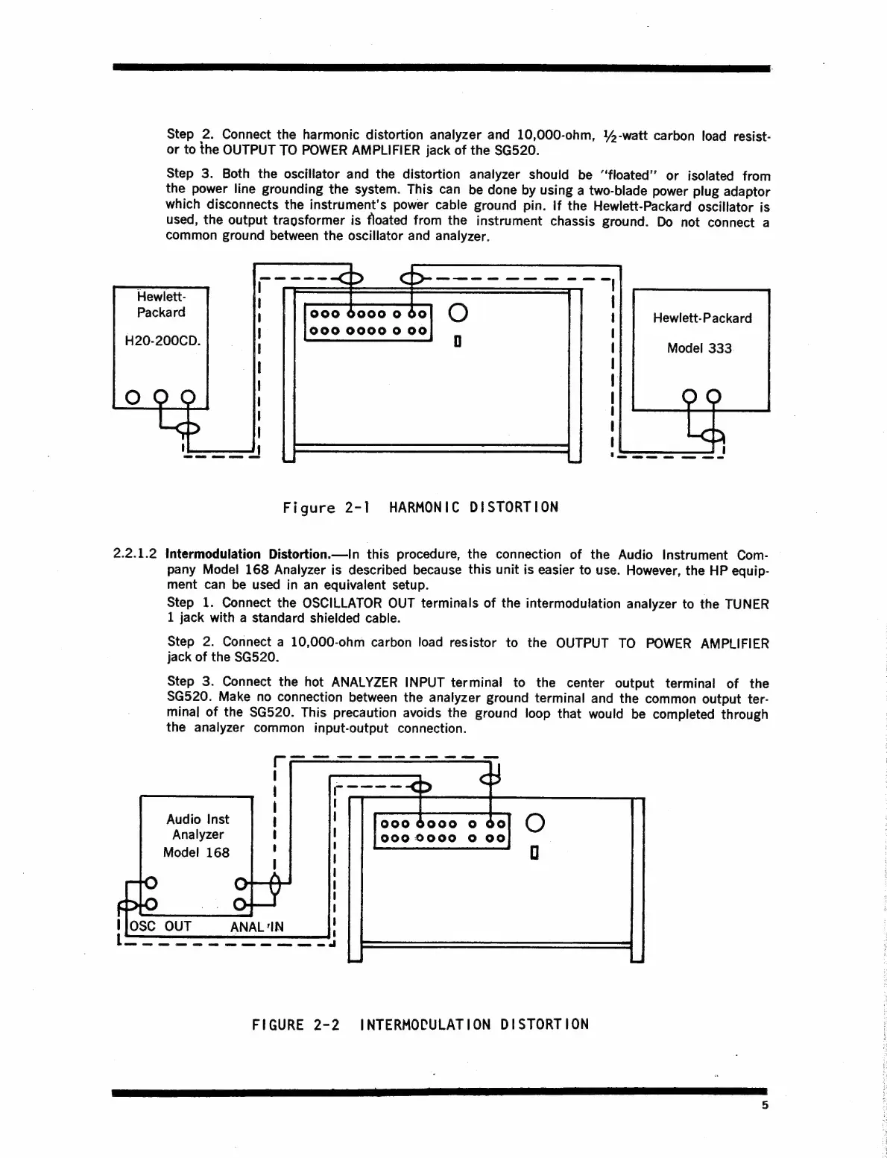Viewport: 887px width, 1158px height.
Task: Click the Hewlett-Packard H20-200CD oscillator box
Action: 160,347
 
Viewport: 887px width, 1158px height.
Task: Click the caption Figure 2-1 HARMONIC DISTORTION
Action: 420,508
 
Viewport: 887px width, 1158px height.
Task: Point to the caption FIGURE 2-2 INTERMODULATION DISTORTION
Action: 420,1024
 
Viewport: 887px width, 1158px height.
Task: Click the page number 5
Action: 764,1106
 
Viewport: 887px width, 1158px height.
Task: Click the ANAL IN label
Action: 256,927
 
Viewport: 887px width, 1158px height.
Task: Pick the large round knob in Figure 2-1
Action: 459,313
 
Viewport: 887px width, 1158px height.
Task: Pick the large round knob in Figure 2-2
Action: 535,823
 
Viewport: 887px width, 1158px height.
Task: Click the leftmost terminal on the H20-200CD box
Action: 132,395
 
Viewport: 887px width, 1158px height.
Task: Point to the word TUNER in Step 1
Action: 746,603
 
